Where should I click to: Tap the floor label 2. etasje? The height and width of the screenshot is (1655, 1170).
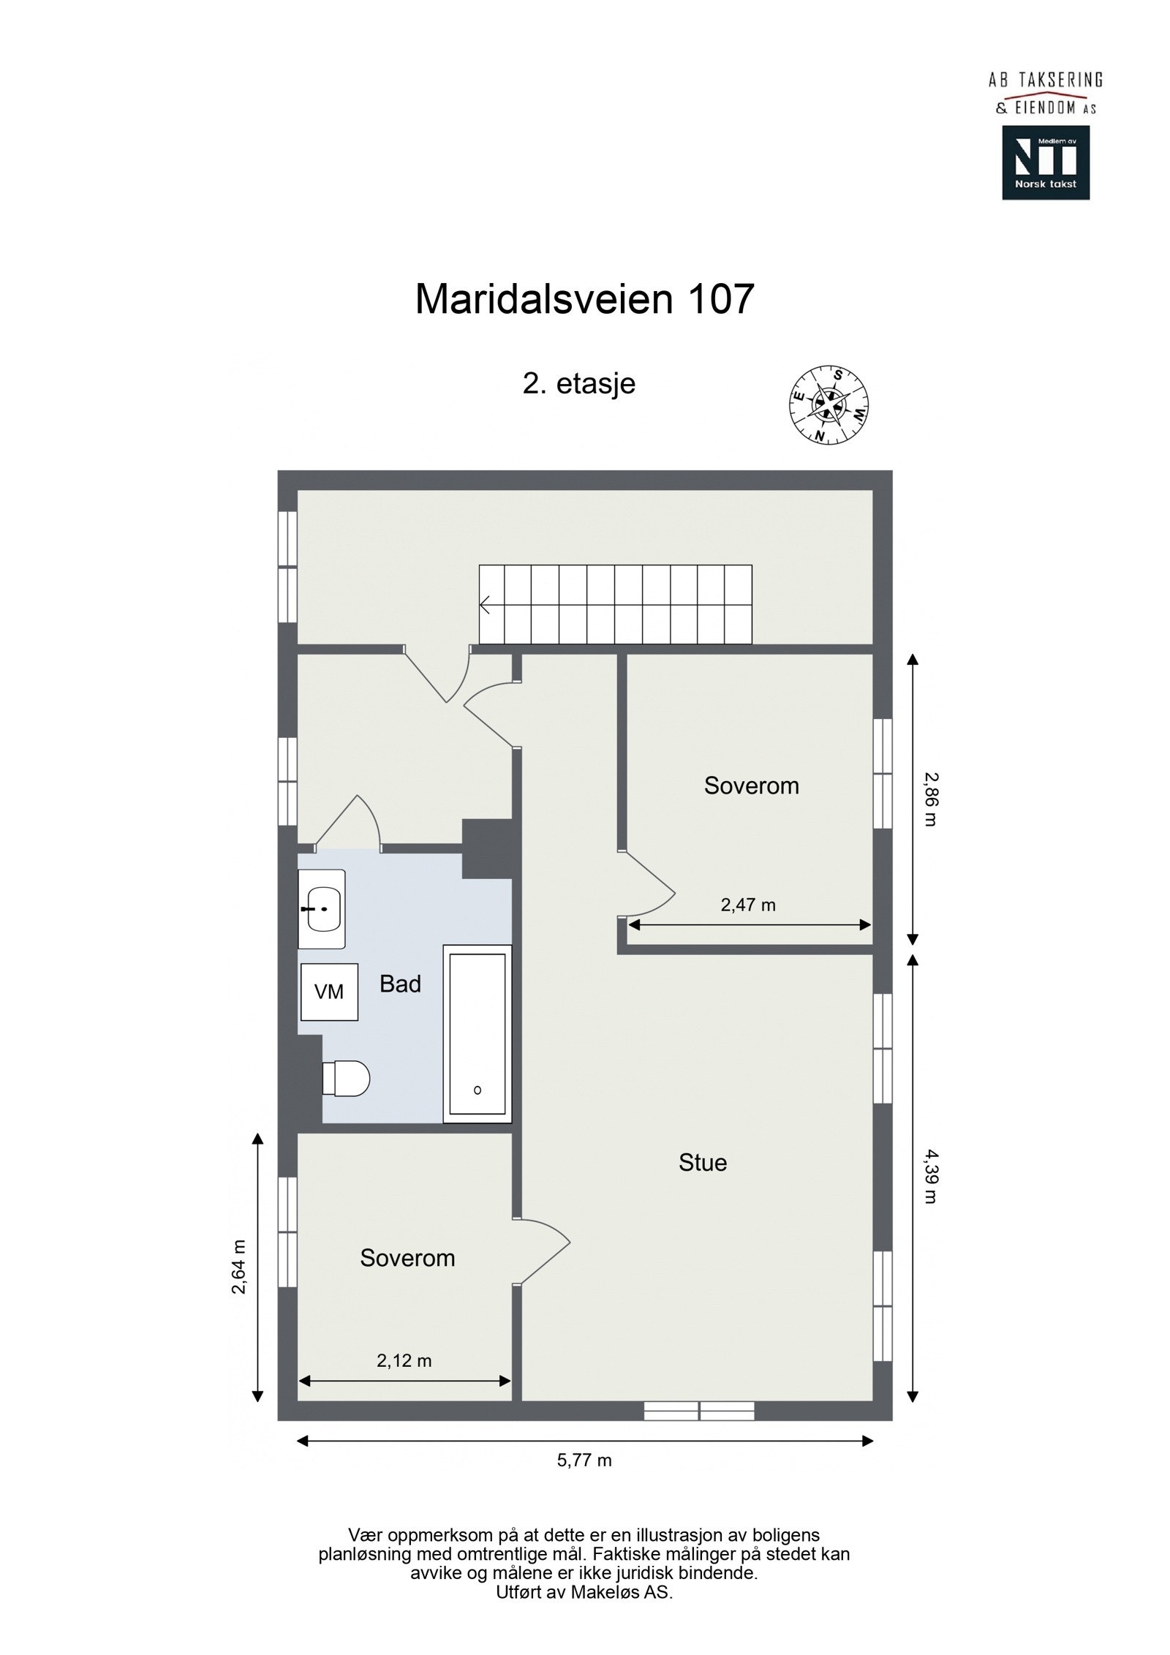[x=578, y=383]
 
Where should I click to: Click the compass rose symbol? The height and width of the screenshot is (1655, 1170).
[x=829, y=404]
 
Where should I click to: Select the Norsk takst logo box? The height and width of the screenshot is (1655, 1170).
[x=1045, y=162]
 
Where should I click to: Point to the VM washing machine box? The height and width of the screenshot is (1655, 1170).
[x=328, y=992]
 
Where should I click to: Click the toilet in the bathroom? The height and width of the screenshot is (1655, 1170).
[x=347, y=1079]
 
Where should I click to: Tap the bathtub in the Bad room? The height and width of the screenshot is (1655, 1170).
[x=477, y=1033]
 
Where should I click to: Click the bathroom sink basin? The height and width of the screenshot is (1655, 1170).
[x=322, y=909]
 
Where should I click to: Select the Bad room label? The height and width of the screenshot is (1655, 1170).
[x=400, y=984]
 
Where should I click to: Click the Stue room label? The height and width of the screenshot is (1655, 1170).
[x=702, y=1163]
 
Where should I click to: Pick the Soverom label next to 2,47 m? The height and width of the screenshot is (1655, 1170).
[x=751, y=785]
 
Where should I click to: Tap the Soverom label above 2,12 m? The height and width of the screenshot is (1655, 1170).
[x=407, y=1258]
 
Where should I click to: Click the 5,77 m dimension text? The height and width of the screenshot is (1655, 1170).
[x=584, y=1460]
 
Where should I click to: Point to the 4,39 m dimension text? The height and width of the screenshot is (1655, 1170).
[x=929, y=1176]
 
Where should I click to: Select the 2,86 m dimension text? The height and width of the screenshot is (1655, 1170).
[x=929, y=799]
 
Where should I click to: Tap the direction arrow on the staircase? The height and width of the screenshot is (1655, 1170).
[x=485, y=605]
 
